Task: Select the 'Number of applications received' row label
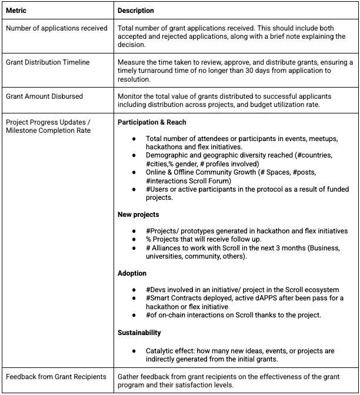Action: [x=56, y=28]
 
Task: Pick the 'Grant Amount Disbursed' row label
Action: [x=44, y=96]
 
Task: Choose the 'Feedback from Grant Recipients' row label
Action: [x=56, y=376]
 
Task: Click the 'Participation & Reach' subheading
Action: [x=152, y=122]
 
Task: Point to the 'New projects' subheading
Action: [x=138, y=215]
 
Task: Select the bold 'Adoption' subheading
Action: [x=132, y=273]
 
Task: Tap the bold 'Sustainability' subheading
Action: [x=139, y=333]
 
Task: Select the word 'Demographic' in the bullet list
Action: [x=167, y=155]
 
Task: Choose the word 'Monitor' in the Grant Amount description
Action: [x=131, y=96]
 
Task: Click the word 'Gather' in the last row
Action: [x=129, y=376]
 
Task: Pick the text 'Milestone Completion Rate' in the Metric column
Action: [x=48, y=130]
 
